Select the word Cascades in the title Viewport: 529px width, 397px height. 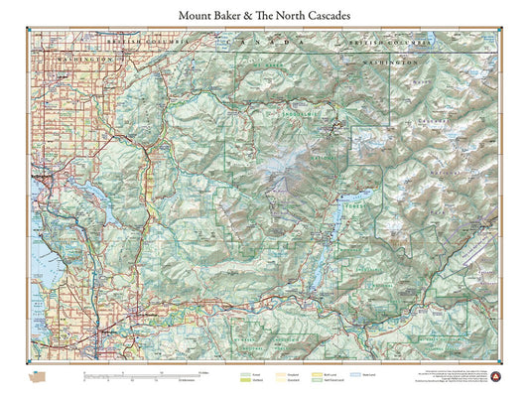(x=324, y=16)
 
